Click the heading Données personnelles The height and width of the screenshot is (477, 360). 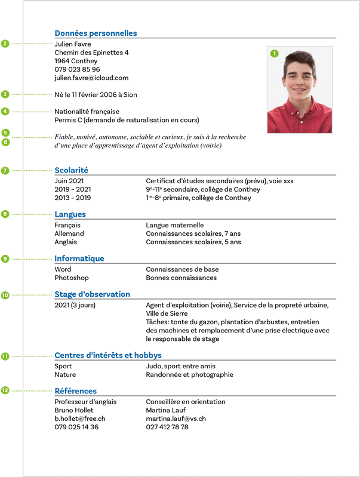(x=96, y=33)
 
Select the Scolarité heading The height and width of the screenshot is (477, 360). (x=71, y=170)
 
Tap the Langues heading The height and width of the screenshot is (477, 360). (x=70, y=214)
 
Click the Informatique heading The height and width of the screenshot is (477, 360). (x=79, y=258)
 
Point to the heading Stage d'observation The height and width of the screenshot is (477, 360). (x=92, y=294)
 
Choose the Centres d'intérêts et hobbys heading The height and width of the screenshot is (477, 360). (x=108, y=355)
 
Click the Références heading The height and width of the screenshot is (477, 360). (x=75, y=391)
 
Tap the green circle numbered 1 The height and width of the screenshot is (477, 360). (x=274, y=54)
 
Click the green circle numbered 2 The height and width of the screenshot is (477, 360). (x=5, y=44)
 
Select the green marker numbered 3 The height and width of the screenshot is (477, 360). (x=5, y=94)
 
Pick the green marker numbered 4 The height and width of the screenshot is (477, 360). (x=5, y=112)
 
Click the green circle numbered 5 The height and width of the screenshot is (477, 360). (x=5, y=133)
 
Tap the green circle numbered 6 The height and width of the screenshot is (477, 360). (x=5, y=142)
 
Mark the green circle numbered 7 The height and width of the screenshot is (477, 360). (x=5, y=171)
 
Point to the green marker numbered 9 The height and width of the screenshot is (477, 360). (x=5, y=259)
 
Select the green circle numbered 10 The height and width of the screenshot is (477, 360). (x=5, y=295)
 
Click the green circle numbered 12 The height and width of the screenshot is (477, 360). (x=5, y=391)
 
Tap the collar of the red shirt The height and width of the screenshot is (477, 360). (x=299, y=108)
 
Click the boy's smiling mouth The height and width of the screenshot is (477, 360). (x=299, y=92)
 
